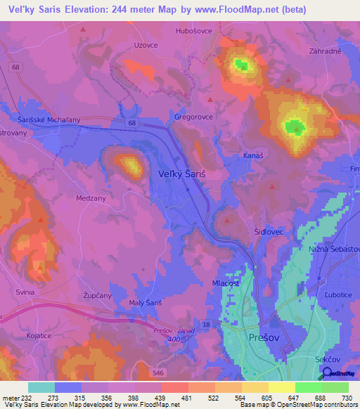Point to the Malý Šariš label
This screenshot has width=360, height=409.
[146, 302]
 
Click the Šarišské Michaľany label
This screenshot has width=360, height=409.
[49, 119]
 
